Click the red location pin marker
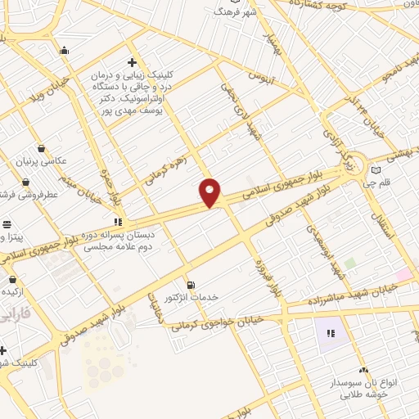pos(210,191)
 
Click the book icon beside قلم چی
pos(376,170)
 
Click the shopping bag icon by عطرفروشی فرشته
pos(26,182)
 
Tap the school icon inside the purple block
pos(331,333)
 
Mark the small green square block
pos(350,264)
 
